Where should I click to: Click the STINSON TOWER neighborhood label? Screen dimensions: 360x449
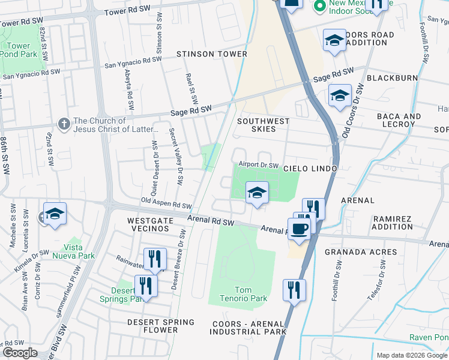[211, 54]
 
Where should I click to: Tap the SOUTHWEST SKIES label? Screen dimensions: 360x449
[263, 125]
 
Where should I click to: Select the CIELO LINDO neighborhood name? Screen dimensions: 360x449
[310, 169]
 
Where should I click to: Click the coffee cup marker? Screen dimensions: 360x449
[300, 228]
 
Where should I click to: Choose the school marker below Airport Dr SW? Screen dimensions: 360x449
[257, 193]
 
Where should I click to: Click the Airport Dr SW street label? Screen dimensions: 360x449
[259, 164]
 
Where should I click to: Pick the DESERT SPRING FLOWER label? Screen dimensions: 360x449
[161, 326]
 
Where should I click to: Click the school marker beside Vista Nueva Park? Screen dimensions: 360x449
[55, 214]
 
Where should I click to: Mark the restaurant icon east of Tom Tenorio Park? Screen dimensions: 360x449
[294, 290]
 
